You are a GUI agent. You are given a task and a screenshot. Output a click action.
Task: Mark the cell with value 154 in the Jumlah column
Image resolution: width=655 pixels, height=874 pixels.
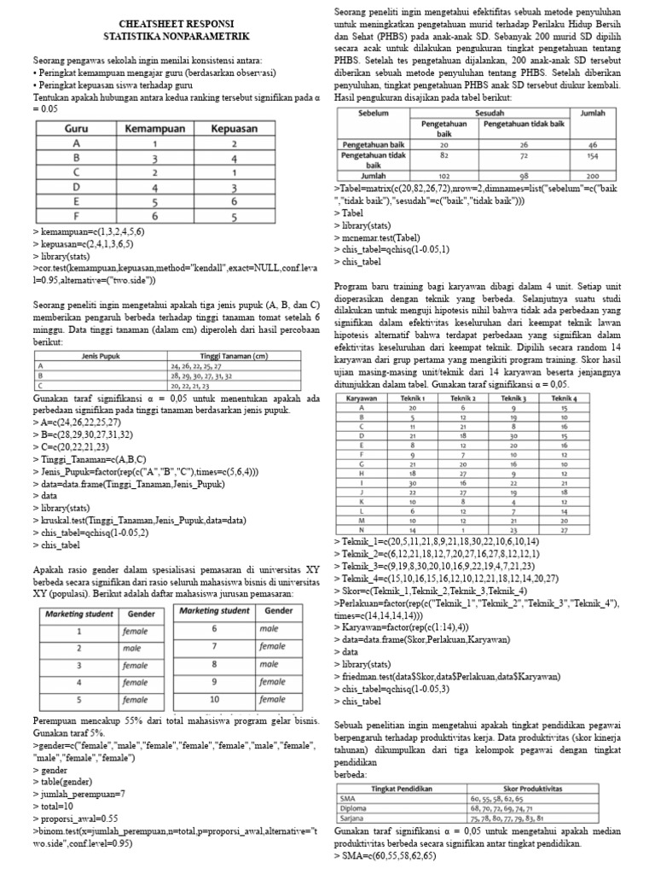(x=592, y=157)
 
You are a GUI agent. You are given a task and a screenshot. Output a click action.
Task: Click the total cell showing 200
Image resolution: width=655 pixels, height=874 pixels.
(x=592, y=175)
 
